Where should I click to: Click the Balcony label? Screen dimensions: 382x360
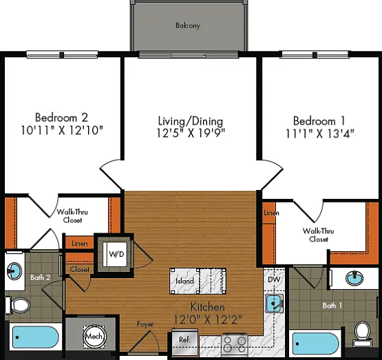point(188,25)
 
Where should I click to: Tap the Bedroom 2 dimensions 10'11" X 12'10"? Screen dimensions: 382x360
point(62,130)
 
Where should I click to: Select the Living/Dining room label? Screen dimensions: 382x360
point(191,121)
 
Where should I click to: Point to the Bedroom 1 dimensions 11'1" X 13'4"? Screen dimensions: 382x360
point(319,134)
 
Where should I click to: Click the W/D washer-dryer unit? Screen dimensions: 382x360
point(115,254)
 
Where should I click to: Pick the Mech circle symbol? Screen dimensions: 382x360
point(94,337)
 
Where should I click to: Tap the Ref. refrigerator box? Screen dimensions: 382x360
point(184,342)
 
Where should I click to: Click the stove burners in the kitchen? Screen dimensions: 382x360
point(235,344)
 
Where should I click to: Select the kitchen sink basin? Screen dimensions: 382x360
point(274,304)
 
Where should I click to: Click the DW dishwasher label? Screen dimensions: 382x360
point(274,279)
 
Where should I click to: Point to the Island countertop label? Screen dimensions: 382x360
point(184,281)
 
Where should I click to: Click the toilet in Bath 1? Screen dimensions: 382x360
point(363,333)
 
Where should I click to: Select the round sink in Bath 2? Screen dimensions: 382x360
point(14,271)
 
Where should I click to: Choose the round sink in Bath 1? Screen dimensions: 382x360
point(354,277)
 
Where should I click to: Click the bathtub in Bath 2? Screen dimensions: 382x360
point(36,337)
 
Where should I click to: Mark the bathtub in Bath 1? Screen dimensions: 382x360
point(315,343)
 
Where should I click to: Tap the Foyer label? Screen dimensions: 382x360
point(145,324)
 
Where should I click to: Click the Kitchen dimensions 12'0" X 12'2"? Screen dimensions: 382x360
point(208,319)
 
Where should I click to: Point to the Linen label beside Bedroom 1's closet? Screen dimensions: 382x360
point(271,213)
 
